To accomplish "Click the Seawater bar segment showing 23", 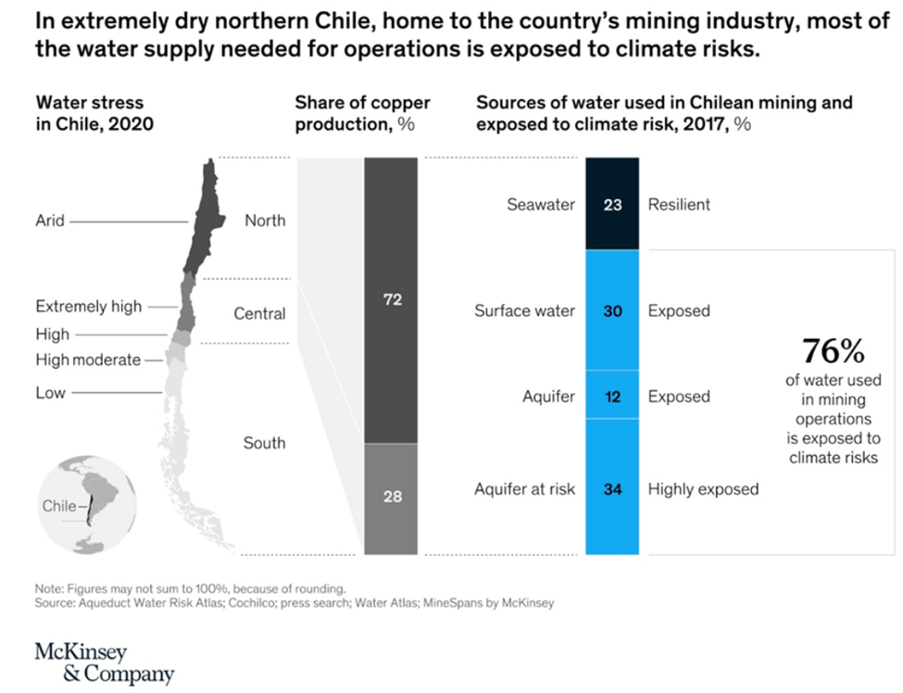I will click(612, 204).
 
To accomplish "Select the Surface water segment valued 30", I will click(612, 310).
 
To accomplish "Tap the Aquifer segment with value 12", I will click(612, 396).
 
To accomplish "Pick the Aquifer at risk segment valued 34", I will click(612, 487).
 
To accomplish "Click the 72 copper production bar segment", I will click(392, 300).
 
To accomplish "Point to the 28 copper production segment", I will click(392, 498).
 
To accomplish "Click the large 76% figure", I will click(833, 352).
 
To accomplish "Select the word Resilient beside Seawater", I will click(679, 205).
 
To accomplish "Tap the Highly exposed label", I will click(703, 488).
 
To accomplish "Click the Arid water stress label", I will click(50, 220).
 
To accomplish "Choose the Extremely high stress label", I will click(89, 306).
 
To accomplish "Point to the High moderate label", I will click(88, 359).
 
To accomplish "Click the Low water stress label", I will click(50, 393).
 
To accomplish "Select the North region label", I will click(265, 220).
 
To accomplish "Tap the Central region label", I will click(259, 314).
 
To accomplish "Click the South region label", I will click(264, 443).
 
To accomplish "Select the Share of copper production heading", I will click(362, 113).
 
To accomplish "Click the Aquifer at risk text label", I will click(524, 488).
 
